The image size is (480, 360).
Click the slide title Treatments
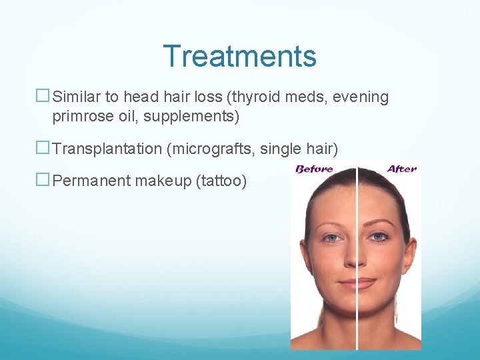239,56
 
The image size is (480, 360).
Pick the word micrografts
213,149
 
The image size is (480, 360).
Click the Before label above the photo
315,169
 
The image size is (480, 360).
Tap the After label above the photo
401,169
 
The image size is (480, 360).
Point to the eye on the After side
379,237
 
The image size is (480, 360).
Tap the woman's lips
357,283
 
